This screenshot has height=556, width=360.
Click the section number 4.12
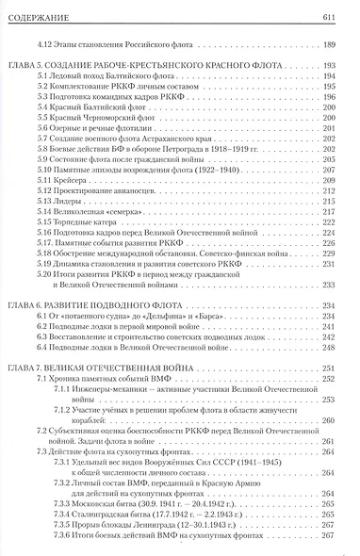(x=59, y=45)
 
